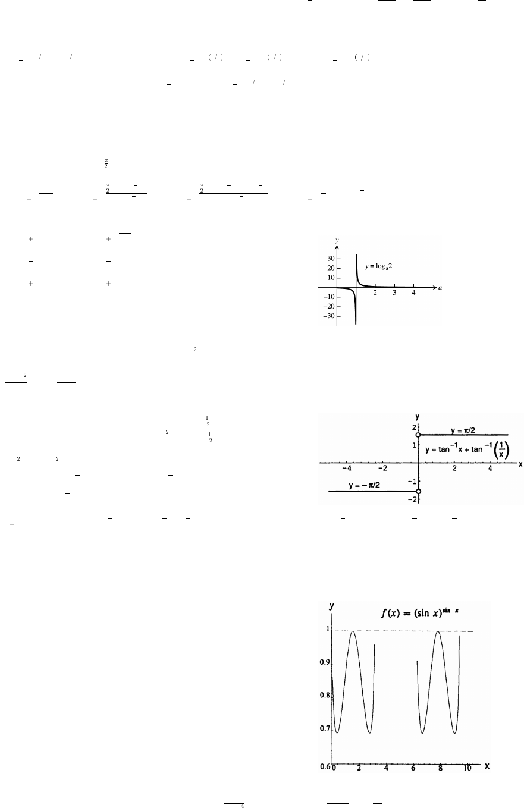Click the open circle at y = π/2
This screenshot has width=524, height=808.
[x=419, y=435]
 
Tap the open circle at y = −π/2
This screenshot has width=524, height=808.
[x=419, y=491]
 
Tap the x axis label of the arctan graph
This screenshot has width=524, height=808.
[x=520, y=463]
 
